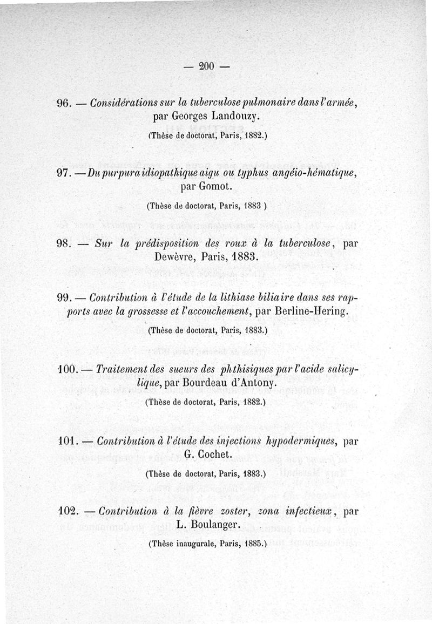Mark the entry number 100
67,370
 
